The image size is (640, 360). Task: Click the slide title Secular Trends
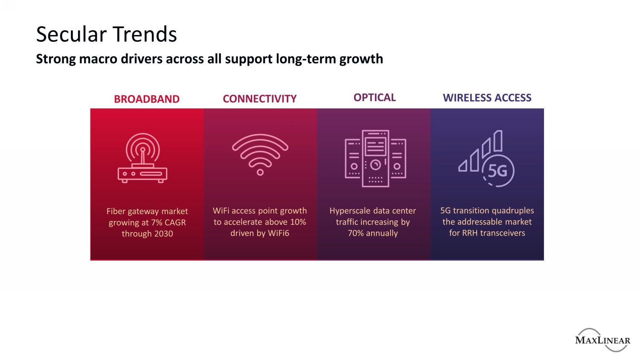(x=106, y=34)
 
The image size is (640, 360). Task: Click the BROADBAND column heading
(x=147, y=99)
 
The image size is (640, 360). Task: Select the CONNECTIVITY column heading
(x=260, y=99)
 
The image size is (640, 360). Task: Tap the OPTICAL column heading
(x=375, y=97)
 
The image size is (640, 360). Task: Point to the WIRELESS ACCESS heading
(x=487, y=98)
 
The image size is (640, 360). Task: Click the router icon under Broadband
(x=142, y=158)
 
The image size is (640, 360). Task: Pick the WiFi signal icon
(x=260, y=154)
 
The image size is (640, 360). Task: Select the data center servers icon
(x=375, y=159)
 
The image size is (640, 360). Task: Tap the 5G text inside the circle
(x=497, y=171)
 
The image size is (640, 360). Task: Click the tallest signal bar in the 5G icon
(x=498, y=141)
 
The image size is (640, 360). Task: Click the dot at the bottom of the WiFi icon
(x=260, y=172)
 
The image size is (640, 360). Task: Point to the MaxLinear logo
(x=602, y=340)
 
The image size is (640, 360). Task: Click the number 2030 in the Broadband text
(x=163, y=234)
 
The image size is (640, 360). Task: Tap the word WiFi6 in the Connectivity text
(x=279, y=233)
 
